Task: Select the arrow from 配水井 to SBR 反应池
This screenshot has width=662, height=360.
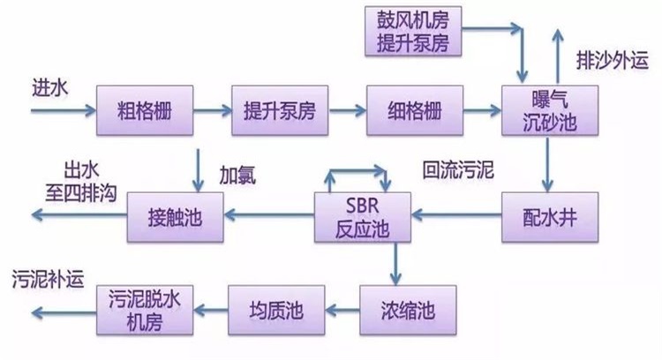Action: pyautogui.click(x=458, y=214)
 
